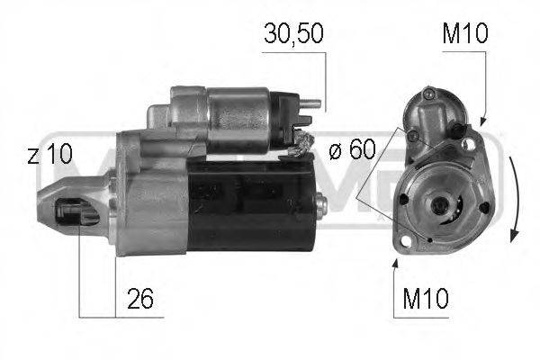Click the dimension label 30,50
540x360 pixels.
tap(291, 35)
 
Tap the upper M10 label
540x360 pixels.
tap(464, 35)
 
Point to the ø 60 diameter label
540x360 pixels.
tap(350, 149)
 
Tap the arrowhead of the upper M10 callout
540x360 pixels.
tap(482, 121)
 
